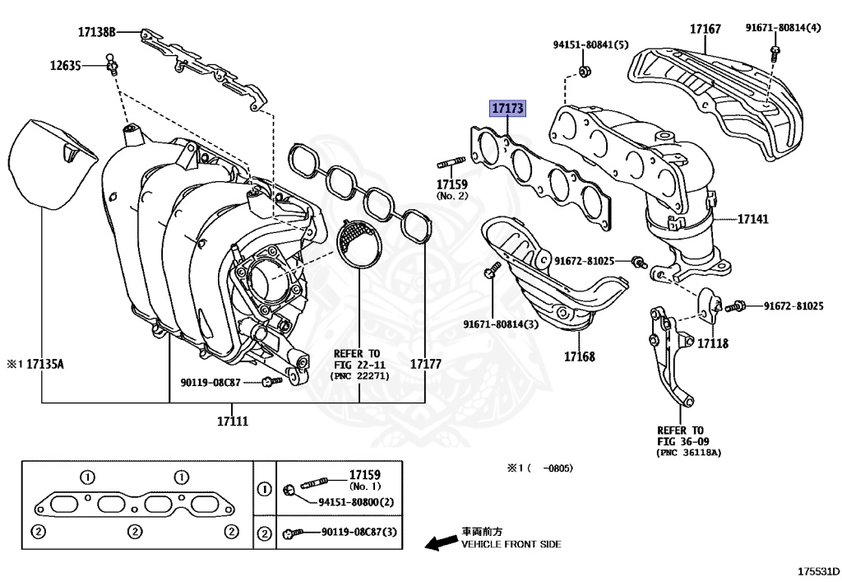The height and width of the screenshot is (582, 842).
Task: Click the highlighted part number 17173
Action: [x=507, y=108]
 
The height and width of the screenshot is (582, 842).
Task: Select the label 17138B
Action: [x=97, y=32]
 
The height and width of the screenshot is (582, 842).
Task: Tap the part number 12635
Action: [x=65, y=65]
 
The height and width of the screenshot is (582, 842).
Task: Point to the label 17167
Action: [x=705, y=30]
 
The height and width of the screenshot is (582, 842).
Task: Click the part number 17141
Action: [x=753, y=220]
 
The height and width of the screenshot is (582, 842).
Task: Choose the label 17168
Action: [x=580, y=356]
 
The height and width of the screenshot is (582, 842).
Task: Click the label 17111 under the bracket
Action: [x=233, y=421]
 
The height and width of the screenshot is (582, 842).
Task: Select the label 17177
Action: [x=425, y=363]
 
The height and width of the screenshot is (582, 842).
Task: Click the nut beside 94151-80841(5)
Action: [x=583, y=72]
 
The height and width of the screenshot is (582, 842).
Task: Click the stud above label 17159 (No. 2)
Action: [x=454, y=160]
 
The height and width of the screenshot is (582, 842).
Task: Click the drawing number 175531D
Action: [x=818, y=570]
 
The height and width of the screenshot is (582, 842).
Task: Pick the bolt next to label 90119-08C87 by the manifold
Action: [x=269, y=381]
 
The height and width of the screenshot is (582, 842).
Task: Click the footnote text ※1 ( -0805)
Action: [x=539, y=468]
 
